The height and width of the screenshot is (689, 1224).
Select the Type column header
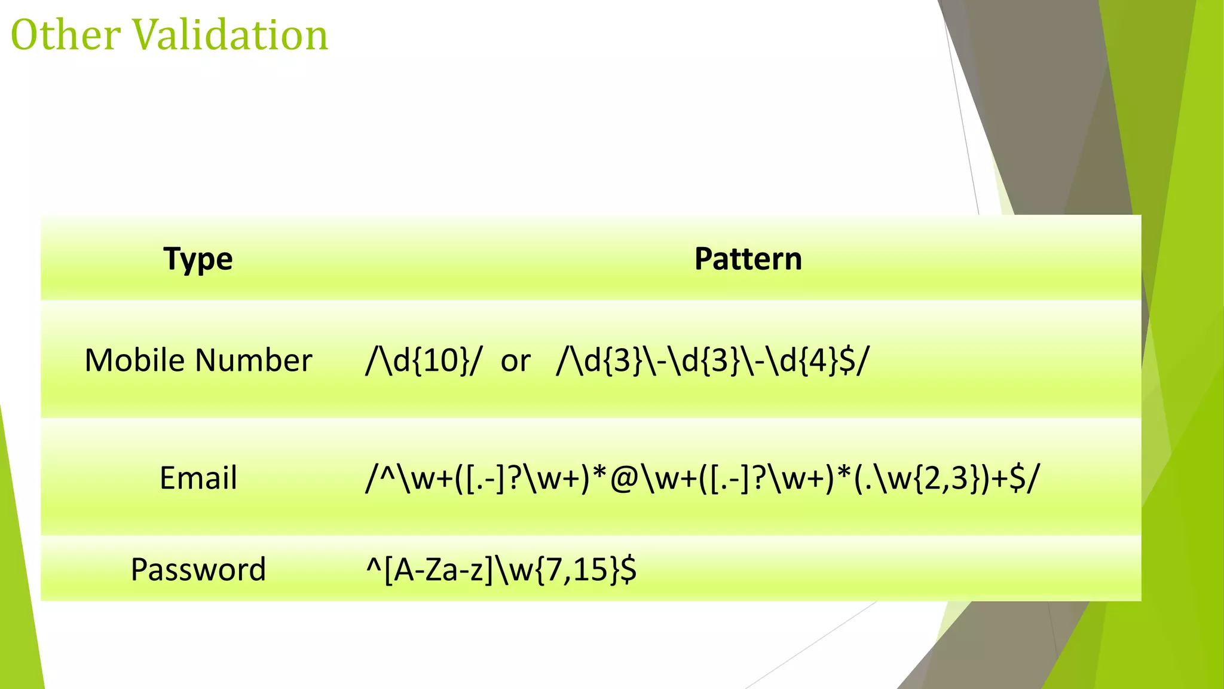pyautogui.click(x=198, y=259)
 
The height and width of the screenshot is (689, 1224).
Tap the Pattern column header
pyautogui.click(x=748, y=259)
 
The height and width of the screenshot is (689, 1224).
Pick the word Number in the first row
pyautogui.click(x=253, y=360)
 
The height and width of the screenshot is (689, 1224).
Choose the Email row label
pyautogui.click(x=198, y=478)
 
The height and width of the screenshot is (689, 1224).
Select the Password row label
pyautogui.click(x=198, y=569)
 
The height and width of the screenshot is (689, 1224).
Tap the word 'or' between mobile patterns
pyautogui.click(x=515, y=361)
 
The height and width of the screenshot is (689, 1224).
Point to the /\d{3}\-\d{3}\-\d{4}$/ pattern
pyautogui.click(x=712, y=361)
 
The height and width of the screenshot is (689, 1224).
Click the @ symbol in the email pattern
pyautogui.click(x=624, y=478)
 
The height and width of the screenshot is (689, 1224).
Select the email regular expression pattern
pyautogui.click(x=702, y=478)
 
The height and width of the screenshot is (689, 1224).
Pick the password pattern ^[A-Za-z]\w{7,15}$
pyautogui.click(x=501, y=569)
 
